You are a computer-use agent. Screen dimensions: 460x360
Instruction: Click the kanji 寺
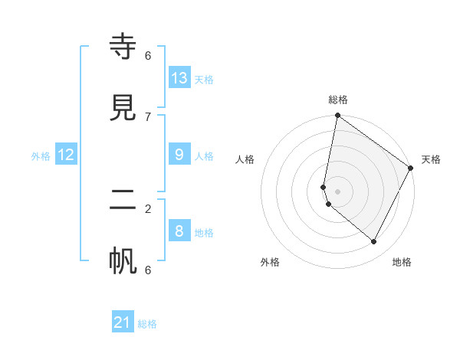click(123, 48)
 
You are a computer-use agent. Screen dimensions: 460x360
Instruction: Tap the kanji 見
click(123, 108)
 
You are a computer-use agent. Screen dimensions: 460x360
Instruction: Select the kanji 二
click(123, 201)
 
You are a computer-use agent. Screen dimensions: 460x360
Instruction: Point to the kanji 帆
click(123, 261)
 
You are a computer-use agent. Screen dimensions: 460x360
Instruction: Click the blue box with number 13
click(179, 77)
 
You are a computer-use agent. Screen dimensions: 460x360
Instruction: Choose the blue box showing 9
click(179, 155)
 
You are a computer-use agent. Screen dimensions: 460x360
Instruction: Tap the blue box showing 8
click(179, 231)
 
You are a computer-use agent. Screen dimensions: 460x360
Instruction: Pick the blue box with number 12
click(66, 155)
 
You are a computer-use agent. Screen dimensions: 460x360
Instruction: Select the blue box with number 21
click(123, 322)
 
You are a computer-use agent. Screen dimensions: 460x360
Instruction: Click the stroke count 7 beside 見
click(148, 116)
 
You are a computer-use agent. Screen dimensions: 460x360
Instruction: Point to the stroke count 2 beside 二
click(148, 208)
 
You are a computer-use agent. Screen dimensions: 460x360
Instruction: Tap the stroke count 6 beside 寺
click(148, 55)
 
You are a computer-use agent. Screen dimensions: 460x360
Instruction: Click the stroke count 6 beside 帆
click(148, 269)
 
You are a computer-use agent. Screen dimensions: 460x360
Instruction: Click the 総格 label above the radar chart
click(338, 100)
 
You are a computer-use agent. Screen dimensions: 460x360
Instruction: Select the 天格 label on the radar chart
click(431, 159)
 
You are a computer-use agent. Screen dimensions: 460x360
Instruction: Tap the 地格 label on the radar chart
click(402, 262)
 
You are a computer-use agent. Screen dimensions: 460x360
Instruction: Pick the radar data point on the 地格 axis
click(374, 241)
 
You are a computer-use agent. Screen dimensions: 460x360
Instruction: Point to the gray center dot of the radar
click(338, 191)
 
